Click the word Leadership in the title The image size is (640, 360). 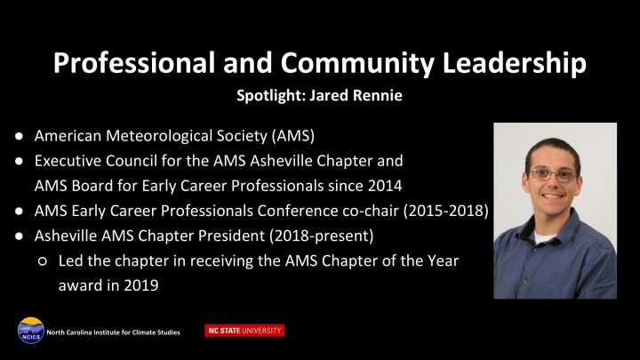(x=515, y=63)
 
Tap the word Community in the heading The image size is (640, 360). (x=357, y=64)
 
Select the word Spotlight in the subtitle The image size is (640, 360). (x=271, y=95)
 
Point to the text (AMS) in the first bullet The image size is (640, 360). (x=292, y=136)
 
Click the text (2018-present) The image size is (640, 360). (x=321, y=236)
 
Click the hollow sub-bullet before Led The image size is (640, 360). (x=43, y=261)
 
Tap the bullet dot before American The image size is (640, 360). (x=19, y=136)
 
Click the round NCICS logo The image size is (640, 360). (x=30, y=330)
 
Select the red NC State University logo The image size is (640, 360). (x=244, y=331)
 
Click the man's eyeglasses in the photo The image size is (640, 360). (x=552, y=175)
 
